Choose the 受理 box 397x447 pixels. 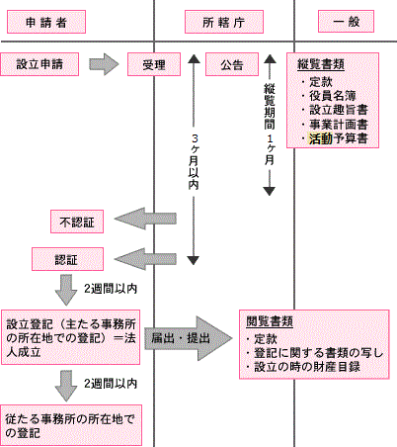[153, 65]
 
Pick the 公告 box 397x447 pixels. [232, 65]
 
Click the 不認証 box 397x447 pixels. [75, 220]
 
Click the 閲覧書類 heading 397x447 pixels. [273, 322]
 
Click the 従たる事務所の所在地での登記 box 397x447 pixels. [69, 424]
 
